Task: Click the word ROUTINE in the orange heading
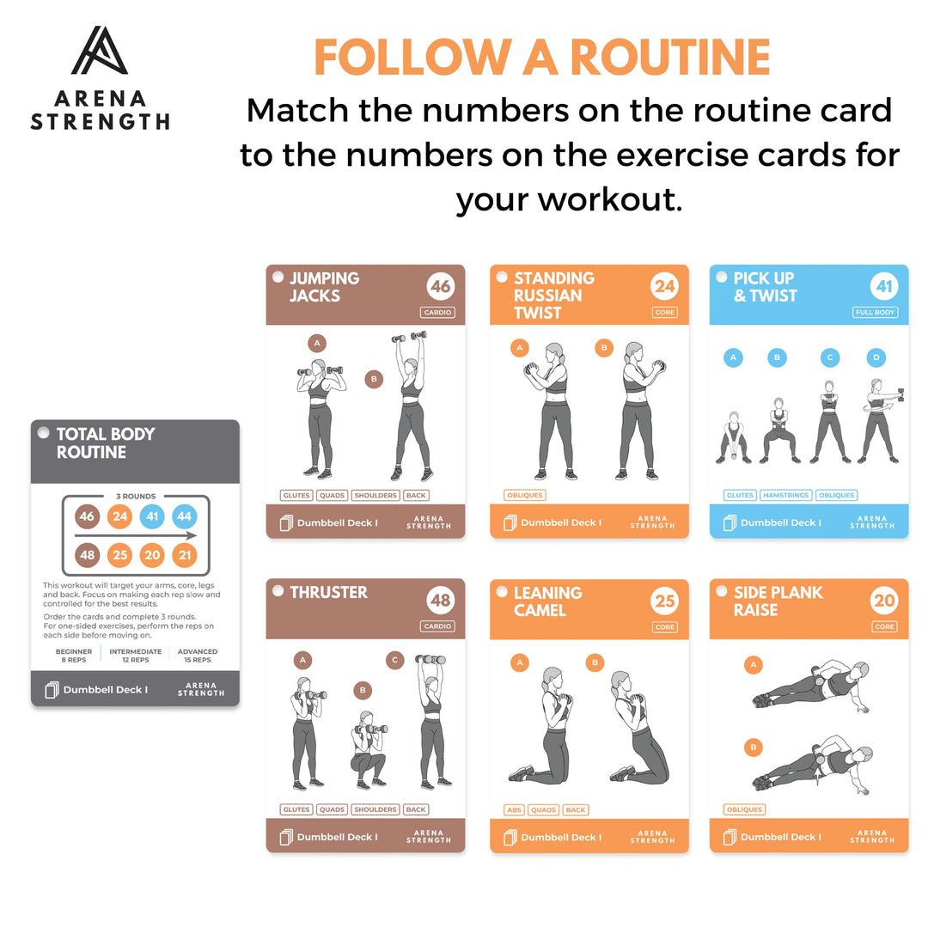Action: tap(670, 58)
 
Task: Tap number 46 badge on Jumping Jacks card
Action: tap(440, 287)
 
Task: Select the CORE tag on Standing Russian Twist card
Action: tap(664, 313)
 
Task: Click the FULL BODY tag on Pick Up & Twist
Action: tap(876, 313)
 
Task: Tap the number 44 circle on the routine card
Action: tap(184, 516)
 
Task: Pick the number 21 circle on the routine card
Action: tap(184, 556)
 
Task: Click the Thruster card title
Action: tap(328, 593)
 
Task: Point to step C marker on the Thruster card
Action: tap(394, 661)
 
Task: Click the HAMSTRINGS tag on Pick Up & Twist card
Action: tap(785, 496)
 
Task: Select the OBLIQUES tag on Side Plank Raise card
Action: tap(744, 809)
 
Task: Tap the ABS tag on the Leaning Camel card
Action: tap(515, 809)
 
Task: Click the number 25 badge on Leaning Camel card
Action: tap(664, 601)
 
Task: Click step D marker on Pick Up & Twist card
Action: tap(876, 357)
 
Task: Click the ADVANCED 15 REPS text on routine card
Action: tap(198, 656)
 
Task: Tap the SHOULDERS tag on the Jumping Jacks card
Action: tap(375, 496)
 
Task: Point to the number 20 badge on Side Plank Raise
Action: tap(884, 601)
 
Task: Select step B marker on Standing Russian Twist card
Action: tap(604, 348)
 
